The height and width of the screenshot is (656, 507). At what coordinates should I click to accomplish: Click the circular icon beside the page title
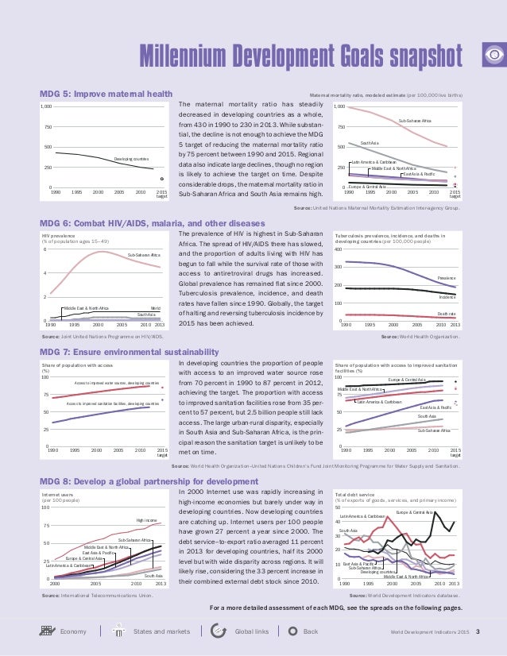[x=493, y=55]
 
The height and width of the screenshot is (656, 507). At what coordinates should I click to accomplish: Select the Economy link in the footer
[x=72, y=631]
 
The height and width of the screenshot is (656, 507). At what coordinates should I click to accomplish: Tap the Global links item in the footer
[x=251, y=631]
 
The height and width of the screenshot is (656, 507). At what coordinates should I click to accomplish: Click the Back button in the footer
[x=311, y=631]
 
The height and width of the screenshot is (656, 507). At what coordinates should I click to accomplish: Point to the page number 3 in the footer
[x=478, y=631]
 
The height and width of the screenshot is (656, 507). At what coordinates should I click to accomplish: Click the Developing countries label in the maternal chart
[x=131, y=160]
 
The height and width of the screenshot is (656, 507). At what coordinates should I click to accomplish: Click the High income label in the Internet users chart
[x=147, y=521]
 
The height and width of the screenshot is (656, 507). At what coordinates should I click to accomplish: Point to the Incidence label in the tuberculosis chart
[x=447, y=296]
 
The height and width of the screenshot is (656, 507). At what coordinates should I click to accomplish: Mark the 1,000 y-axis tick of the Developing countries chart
[x=46, y=106]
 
